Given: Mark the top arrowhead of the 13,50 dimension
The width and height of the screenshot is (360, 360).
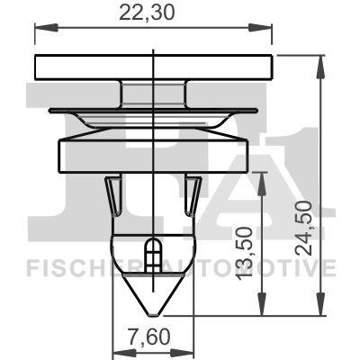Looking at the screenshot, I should tap(262, 175).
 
